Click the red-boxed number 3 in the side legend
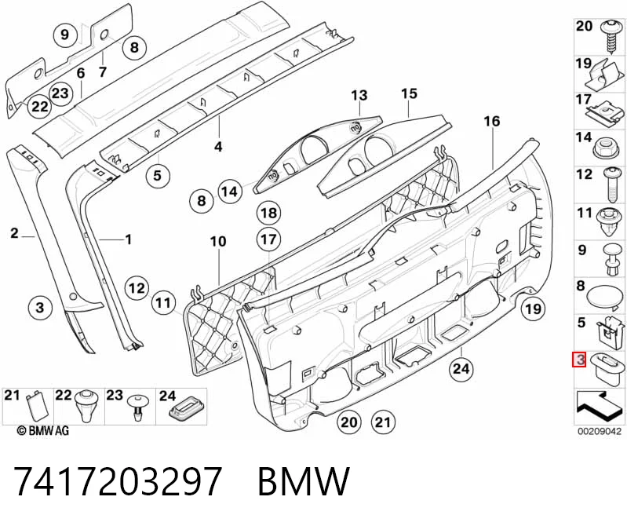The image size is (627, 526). (x=579, y=360)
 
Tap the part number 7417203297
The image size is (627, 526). (x=118, y=480)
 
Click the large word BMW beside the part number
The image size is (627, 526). (x=304, y=480)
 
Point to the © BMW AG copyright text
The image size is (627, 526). (x=43, y=430)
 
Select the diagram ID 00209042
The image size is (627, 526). (x=599, y=431)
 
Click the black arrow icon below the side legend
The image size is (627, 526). (x=597, y=406)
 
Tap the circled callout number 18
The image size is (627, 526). (x=268, y=213)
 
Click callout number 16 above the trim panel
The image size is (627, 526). (x=492, y=121)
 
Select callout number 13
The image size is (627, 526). (x=359, y=96)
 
